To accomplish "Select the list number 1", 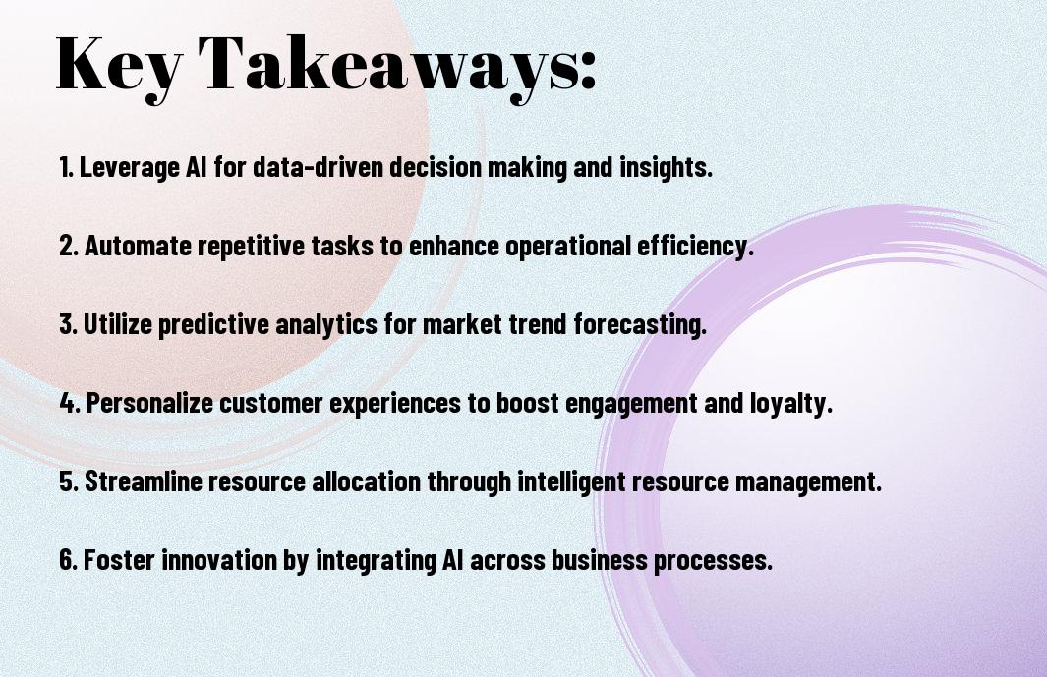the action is [66, 167].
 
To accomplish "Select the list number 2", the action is [69, 246].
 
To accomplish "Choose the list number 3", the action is [68, 324].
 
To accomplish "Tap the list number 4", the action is [70, 403].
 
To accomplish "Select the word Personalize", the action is [149, 403].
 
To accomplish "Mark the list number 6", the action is [69, 560].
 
